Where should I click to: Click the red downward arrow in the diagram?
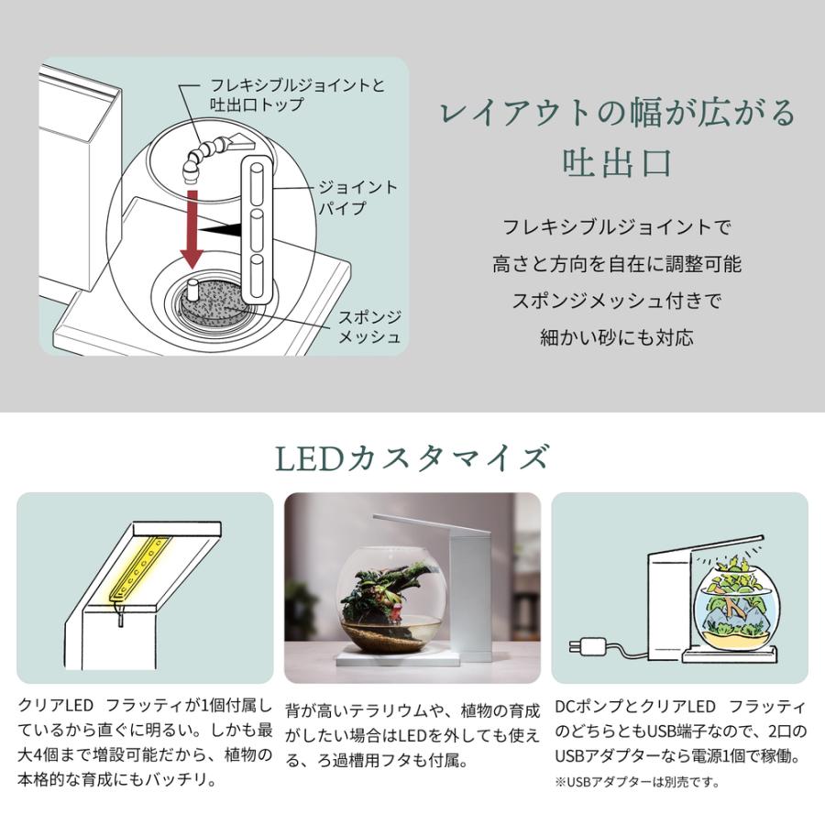[x=192, y=229]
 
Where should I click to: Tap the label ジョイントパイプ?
[x=357, y=197]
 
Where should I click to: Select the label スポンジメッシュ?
[x=369, y=326]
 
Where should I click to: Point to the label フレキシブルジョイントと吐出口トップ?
[x=297, y=94]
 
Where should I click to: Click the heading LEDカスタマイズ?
[x=412, y=458]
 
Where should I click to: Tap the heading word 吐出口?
[x=617, y=162]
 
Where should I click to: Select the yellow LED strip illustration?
[x=137, y=568]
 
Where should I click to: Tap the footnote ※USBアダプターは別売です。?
[x=637, y=783]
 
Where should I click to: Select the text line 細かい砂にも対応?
[x=617, y=336]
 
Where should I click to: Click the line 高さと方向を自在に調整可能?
[x=617, y=264]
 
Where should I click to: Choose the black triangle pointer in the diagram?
[x=220, y=229]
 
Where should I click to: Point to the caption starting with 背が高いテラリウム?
[x=412, y=735]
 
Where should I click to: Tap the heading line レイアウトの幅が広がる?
[x=617, y=113]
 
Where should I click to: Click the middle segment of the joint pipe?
[x=257, y=230]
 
